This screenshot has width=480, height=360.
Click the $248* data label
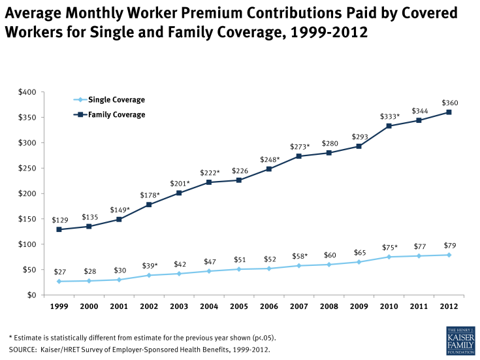[269, 159]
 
